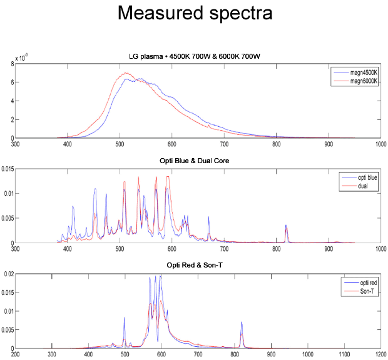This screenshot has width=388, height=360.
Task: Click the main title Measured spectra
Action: (x=194, y=14)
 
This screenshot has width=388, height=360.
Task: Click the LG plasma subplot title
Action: (x=194, y=57)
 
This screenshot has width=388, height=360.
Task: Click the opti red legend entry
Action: (x=364, y=283)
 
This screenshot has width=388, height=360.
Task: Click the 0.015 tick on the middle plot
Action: (x=8, y=169)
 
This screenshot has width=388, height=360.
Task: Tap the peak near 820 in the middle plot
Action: (x=286, y=226)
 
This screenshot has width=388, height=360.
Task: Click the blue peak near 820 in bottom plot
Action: (x=242, y=322)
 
